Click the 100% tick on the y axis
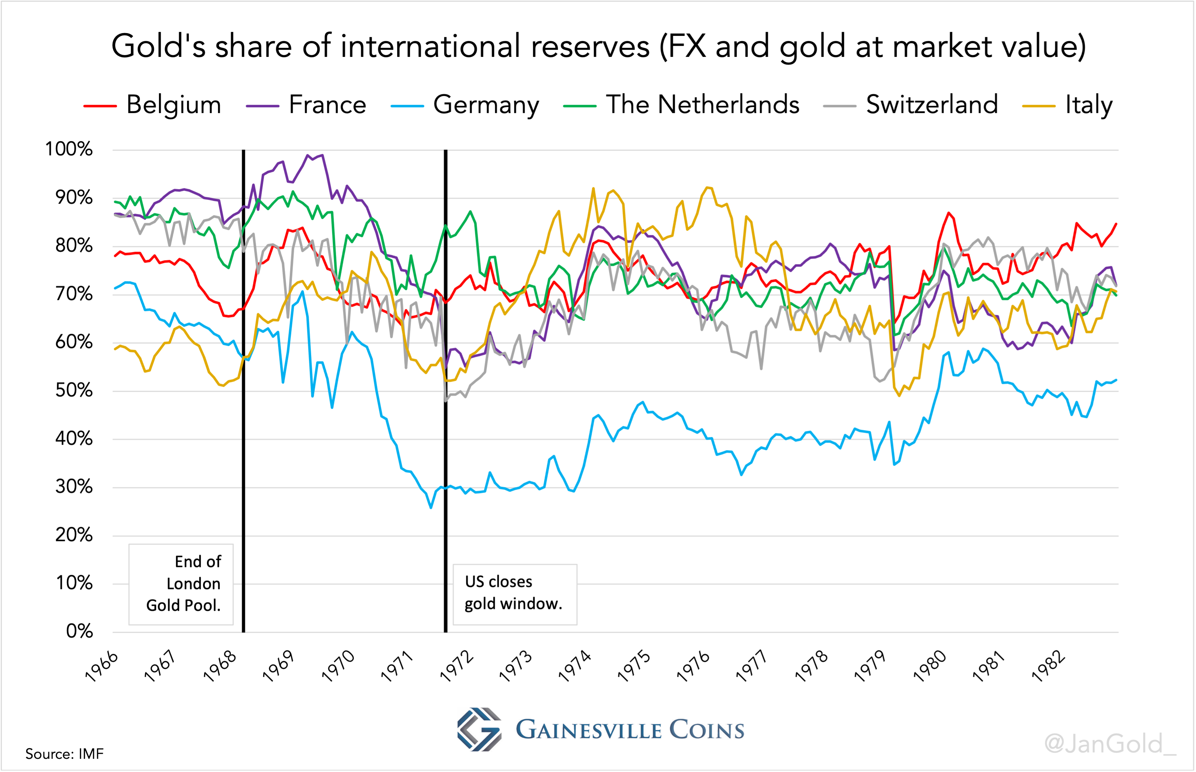tap(69, 149)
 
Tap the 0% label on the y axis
tap(79, 631)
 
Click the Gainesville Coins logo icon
tap(479, 729)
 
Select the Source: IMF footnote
tap(64, 754)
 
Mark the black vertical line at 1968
tap(244, 391)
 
